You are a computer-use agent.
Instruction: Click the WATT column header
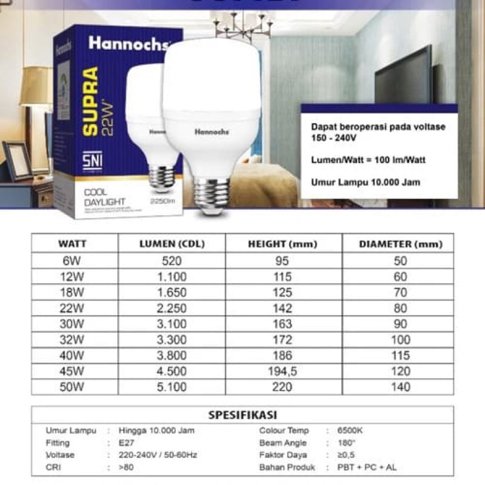pyautogui.click(x=72, y=244)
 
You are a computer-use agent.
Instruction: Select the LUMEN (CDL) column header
pyautogui.click(x=172, y=244)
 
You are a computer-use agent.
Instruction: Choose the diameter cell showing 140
pyautogui.click(x=401, y=386)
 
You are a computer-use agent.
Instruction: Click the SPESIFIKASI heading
pyautogui.click(x=242, y=415)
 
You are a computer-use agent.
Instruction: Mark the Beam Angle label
pyautogui.click(x=283, y=443)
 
